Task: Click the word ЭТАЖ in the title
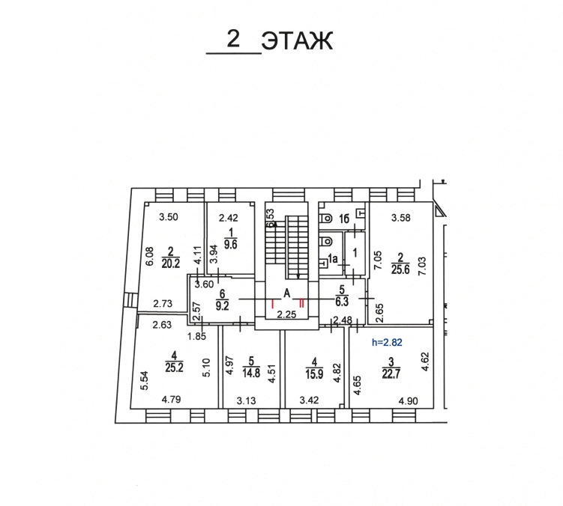point(297,40)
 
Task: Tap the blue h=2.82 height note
point(387,343)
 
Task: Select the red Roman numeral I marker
point(272,304)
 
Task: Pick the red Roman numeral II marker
point(301,304)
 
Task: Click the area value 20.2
point(171,263)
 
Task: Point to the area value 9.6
point(230,244)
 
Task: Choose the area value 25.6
point(400,269)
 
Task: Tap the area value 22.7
point(391,374)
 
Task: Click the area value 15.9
point(315,374)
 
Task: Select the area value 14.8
point(251,373)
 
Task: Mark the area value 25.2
point(174,368)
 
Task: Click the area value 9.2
point(222,306)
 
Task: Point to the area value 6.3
point(342,302)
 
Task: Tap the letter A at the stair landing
point(287,293)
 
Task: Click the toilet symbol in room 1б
point(326,218)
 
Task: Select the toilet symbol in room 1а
point(326,241)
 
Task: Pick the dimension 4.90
point(409,401)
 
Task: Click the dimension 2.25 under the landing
point(286,315)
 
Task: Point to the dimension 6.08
point(150,257)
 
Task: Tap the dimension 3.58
point(401,218)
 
